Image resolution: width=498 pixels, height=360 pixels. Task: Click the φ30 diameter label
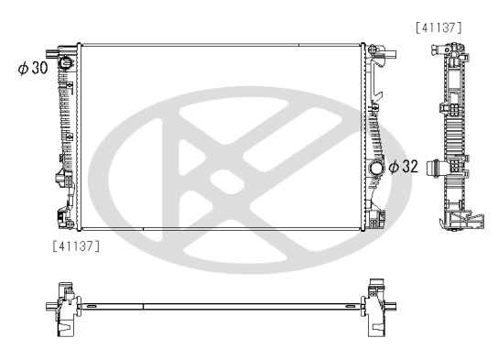pyautogui.click(x=32, y=69)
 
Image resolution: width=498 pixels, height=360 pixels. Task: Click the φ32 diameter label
pyautogui.click(x=405, y=167)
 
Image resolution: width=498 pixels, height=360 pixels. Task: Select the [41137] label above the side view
pyautogui.click(x=438, y=28)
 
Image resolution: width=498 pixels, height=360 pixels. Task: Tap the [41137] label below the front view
pyautogui.click(x=77, y=245)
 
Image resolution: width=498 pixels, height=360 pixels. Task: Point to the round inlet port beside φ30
pyautogui.click(x=66, y=64)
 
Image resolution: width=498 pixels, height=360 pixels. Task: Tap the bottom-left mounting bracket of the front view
pyautogui.click(x=65, y=219)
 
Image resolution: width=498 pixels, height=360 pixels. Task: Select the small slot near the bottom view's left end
pyautogui.click(x=92, y=306)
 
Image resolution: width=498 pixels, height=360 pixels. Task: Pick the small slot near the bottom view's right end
pyautogui.click(x=349, y=306)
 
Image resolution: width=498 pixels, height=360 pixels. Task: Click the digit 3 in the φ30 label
pyautogui.click(x=35, y=69)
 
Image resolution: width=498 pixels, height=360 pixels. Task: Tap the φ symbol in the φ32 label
pyautogui.click(x=393, y=167)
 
